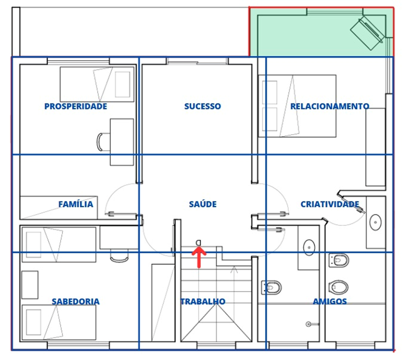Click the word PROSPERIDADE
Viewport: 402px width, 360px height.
76,106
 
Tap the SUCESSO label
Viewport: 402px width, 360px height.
202,106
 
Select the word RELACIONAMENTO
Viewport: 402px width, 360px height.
330,106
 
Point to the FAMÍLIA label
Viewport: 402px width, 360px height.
76,204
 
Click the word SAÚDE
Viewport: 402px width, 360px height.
202,204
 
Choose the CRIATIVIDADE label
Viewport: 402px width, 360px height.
330,204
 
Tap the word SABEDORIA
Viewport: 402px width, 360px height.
76,301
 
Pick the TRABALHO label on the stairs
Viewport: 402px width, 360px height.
203,301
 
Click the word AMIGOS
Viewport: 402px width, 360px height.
330,301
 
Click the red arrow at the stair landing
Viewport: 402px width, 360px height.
199,257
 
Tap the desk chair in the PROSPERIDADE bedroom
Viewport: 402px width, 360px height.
103,142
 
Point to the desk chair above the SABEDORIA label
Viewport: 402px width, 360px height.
119,256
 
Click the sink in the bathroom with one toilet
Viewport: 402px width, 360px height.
309,248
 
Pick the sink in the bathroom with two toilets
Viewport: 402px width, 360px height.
376,222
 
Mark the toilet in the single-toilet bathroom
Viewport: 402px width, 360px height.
272,287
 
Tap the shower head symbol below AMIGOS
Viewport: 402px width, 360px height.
309,324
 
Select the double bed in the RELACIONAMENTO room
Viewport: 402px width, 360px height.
297,106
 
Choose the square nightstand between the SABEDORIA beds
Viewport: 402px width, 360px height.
30,285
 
